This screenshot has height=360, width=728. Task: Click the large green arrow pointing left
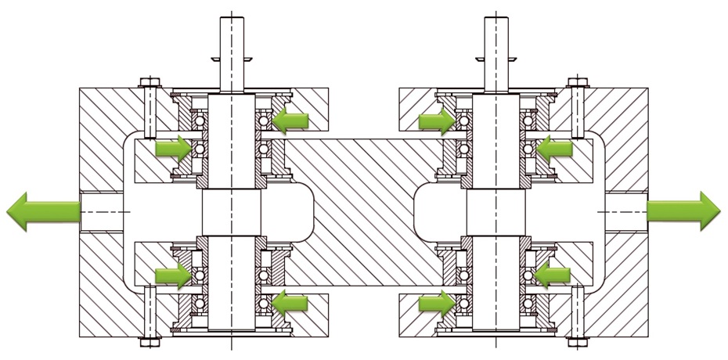click(39, 211)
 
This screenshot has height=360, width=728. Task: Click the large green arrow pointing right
click(685, 211)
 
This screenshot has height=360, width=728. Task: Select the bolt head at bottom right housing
click(578, 341)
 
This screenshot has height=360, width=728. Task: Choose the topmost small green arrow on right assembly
click(436, 120)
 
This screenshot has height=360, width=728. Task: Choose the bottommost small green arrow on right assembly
click(436, 302)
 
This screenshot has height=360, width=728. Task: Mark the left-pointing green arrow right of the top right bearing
click(555, 147)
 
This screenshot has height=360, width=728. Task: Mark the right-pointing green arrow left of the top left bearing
click(172, 147)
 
